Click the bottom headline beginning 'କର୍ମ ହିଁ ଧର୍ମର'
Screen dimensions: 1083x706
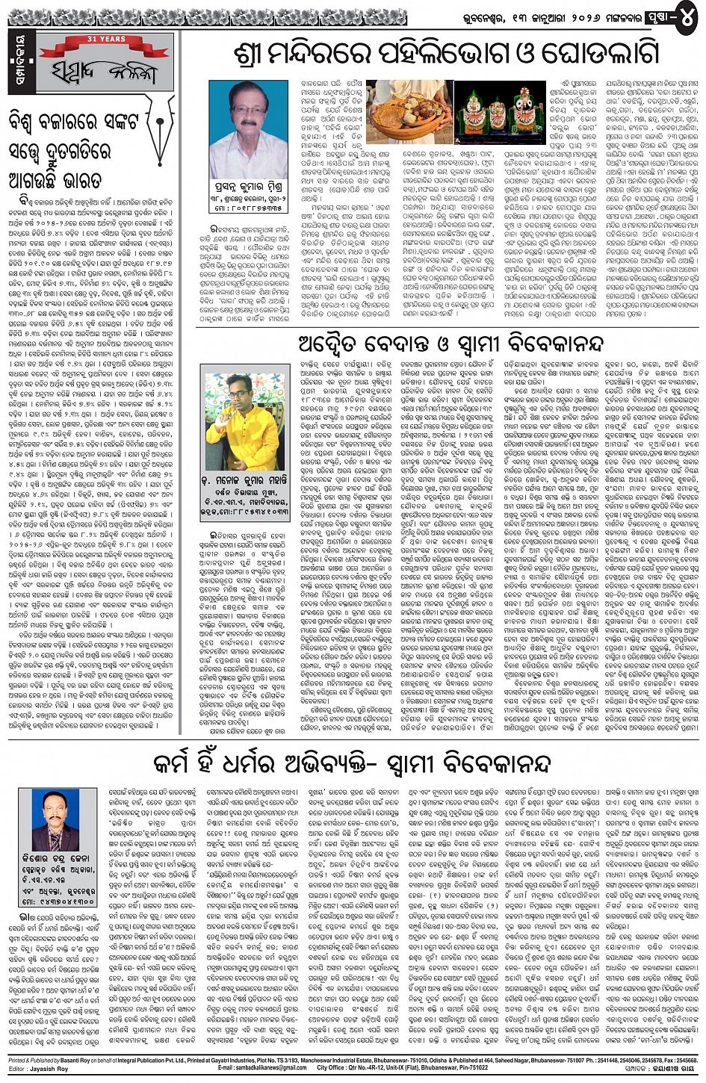tap(351, 765)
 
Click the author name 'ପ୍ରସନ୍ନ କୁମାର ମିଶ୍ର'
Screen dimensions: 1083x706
tap(248, 191)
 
